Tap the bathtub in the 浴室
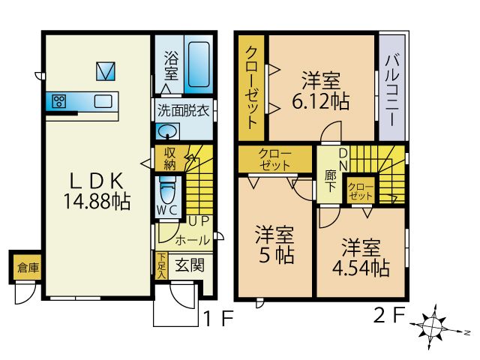tap(198, 66)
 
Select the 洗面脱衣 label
tap(183, 109)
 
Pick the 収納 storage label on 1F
tap(170, 158)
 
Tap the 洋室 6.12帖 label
tap(325, 90)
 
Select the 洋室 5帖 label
tap(274, 244)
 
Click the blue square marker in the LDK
tap(106, 71)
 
